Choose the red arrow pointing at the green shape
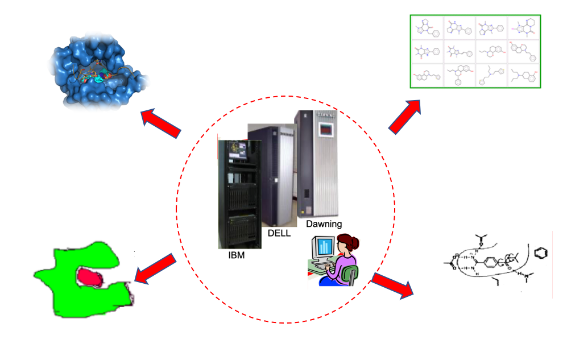155,268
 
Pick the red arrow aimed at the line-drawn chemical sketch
394,285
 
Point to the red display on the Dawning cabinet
325,130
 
